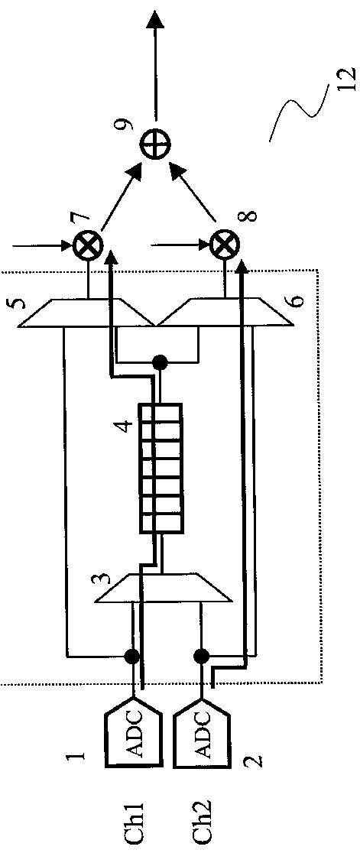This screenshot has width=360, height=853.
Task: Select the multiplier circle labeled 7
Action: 88,245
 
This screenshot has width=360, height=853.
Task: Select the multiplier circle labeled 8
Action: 224,245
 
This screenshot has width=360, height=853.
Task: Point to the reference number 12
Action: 346,80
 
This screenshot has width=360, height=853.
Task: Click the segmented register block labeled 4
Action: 160,468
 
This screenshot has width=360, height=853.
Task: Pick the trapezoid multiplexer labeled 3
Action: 164,587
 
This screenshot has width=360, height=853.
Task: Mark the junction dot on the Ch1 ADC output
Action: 131,656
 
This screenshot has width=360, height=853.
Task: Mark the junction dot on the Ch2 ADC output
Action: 201,656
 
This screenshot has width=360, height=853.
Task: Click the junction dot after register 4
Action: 159,362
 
